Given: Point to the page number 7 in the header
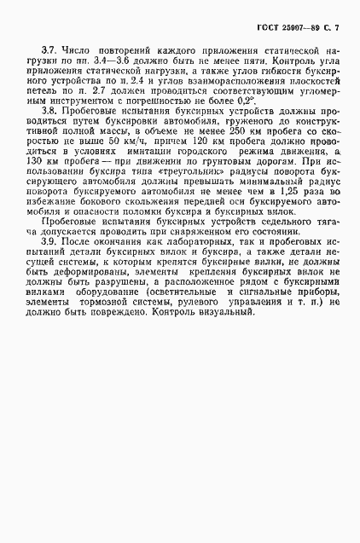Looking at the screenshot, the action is [335, 29].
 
